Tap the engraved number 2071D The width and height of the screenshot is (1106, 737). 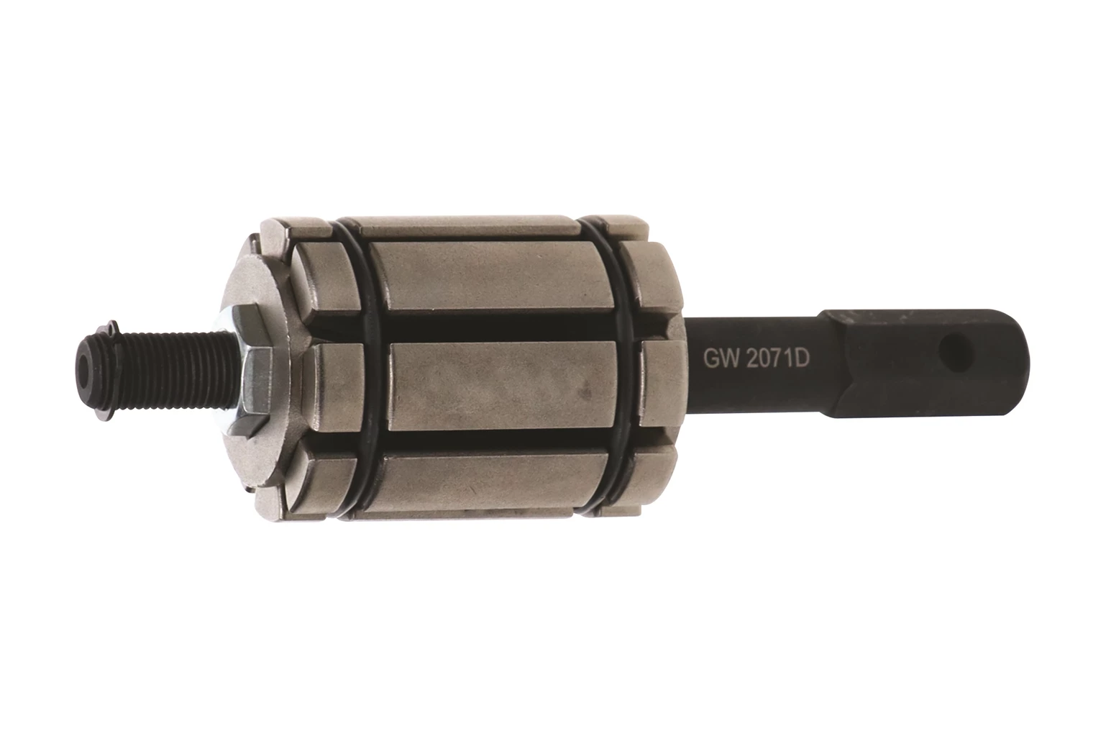(777, 359)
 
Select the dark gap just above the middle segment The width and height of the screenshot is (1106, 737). (498, 327)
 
